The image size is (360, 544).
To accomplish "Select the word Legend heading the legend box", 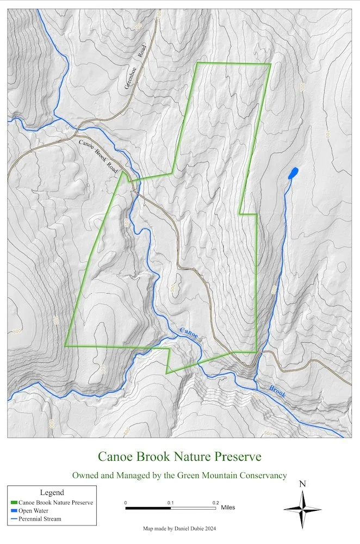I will [52, 492].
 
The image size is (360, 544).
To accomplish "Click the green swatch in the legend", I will [14, 503].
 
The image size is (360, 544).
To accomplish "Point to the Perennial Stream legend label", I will [40, 519].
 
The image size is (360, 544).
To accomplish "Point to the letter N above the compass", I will [303, 484].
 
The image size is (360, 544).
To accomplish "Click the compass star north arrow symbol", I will [303, 509].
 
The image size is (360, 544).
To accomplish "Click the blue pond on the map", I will [293, 175].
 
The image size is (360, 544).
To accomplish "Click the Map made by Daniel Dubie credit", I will [179, 528].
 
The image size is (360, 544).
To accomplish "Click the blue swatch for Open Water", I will [14, 511].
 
